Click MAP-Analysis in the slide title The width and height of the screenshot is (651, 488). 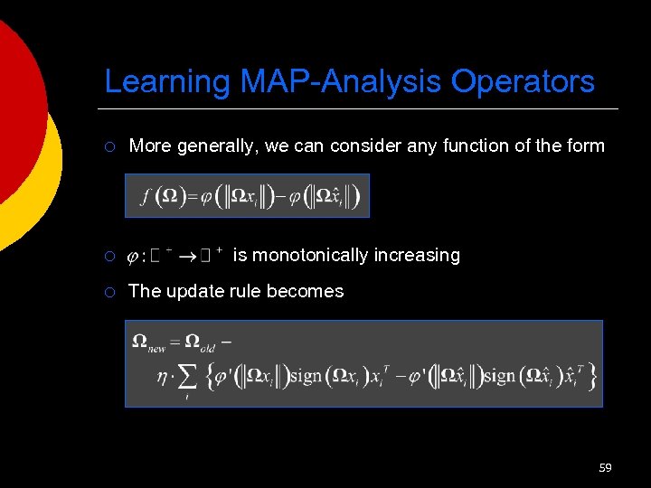point(342,81)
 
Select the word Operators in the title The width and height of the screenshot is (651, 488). point(524,81)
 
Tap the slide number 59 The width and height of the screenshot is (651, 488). point(605,467)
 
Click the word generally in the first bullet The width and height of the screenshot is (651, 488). point(218,145)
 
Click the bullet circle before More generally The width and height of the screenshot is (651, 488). point(109,146)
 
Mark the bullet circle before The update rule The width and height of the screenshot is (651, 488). point(109,292)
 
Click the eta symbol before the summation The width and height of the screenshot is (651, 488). point(163,378)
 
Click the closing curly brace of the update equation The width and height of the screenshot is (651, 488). point(592,377)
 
